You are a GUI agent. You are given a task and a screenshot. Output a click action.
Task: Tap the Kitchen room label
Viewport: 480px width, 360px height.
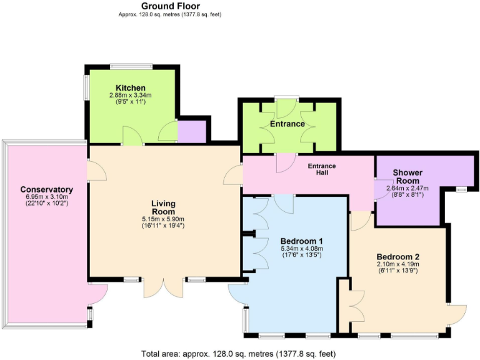coord(131,87)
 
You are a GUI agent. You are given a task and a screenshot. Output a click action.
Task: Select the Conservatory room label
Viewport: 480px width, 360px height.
coord(47,189)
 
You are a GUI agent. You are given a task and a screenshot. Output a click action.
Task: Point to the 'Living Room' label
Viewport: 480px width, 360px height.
coord(164,207)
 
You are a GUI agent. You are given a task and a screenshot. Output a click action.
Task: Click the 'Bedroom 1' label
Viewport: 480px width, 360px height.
coord(301,241)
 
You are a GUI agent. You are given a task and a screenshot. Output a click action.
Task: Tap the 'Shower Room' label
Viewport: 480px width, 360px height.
coord(407,176)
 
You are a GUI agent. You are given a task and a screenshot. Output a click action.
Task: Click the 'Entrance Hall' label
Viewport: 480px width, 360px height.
coord(322,169)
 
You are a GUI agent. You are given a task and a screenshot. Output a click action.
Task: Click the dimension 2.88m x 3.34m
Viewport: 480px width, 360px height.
coord(131,95)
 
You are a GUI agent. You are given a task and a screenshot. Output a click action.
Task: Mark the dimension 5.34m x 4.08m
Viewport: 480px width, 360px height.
coord(301,249)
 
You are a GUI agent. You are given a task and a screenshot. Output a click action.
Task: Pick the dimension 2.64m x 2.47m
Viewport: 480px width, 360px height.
coord(407,188)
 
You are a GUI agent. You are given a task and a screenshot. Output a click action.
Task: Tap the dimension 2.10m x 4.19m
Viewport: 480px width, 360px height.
coord(397,264)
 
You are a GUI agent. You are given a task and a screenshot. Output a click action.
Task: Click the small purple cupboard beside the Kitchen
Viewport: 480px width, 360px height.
coord(192,132)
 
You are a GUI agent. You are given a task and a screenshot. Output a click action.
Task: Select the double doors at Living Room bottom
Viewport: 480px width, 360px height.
coord(164,286)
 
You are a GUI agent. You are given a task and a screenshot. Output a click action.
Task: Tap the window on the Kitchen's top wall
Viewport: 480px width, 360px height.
coord(131,65)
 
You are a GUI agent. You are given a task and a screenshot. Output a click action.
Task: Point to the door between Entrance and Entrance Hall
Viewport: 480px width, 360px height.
coord(285,162)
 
